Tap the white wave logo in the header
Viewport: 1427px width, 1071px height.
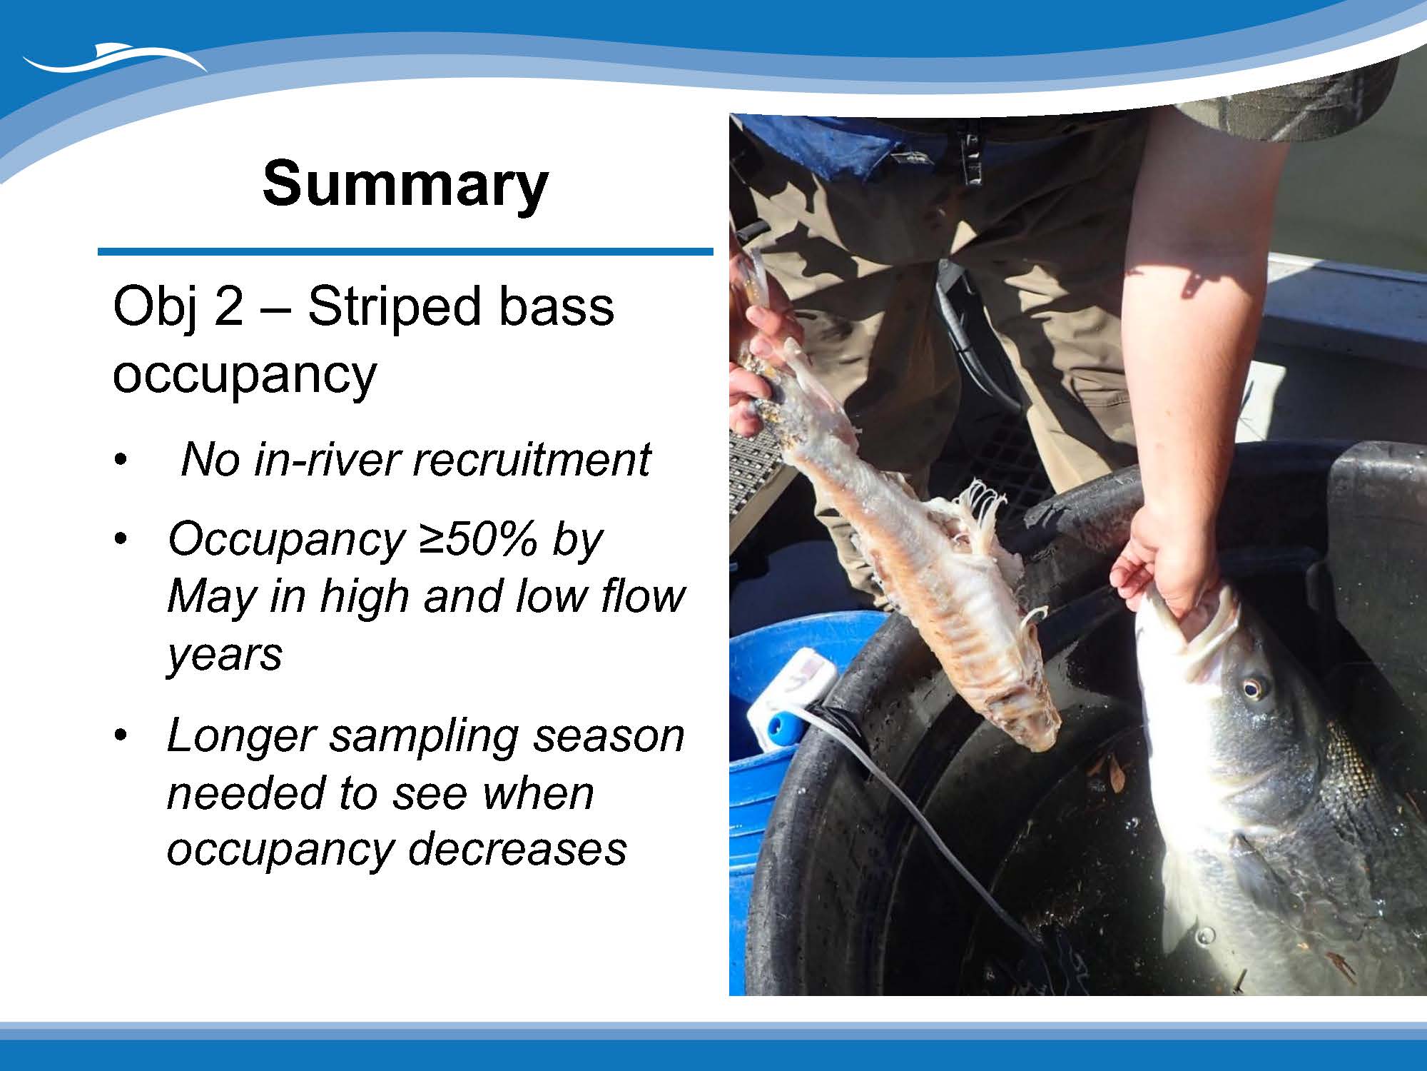(114, 59)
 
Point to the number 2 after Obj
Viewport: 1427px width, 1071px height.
(229, 308)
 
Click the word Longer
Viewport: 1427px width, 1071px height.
(240, 738)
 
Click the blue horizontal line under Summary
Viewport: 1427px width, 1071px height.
(405, 251)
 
